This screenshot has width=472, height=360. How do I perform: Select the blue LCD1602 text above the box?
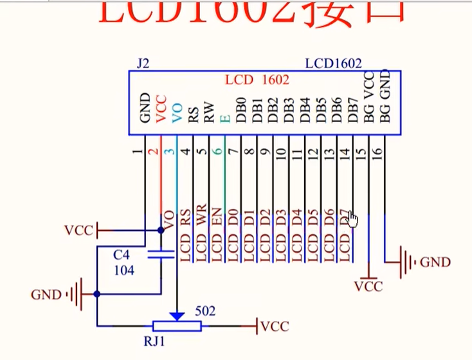click(333, 64)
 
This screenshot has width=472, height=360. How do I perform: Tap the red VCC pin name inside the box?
click(161, 109)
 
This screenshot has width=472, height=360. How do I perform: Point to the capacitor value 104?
click(123, 271)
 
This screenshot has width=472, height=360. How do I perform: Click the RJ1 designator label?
click(155, 342)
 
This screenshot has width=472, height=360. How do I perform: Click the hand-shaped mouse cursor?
click(352, 220)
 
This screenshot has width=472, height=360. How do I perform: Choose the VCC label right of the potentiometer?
click(275, 327)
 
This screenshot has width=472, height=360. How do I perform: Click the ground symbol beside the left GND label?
click(77, 294)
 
